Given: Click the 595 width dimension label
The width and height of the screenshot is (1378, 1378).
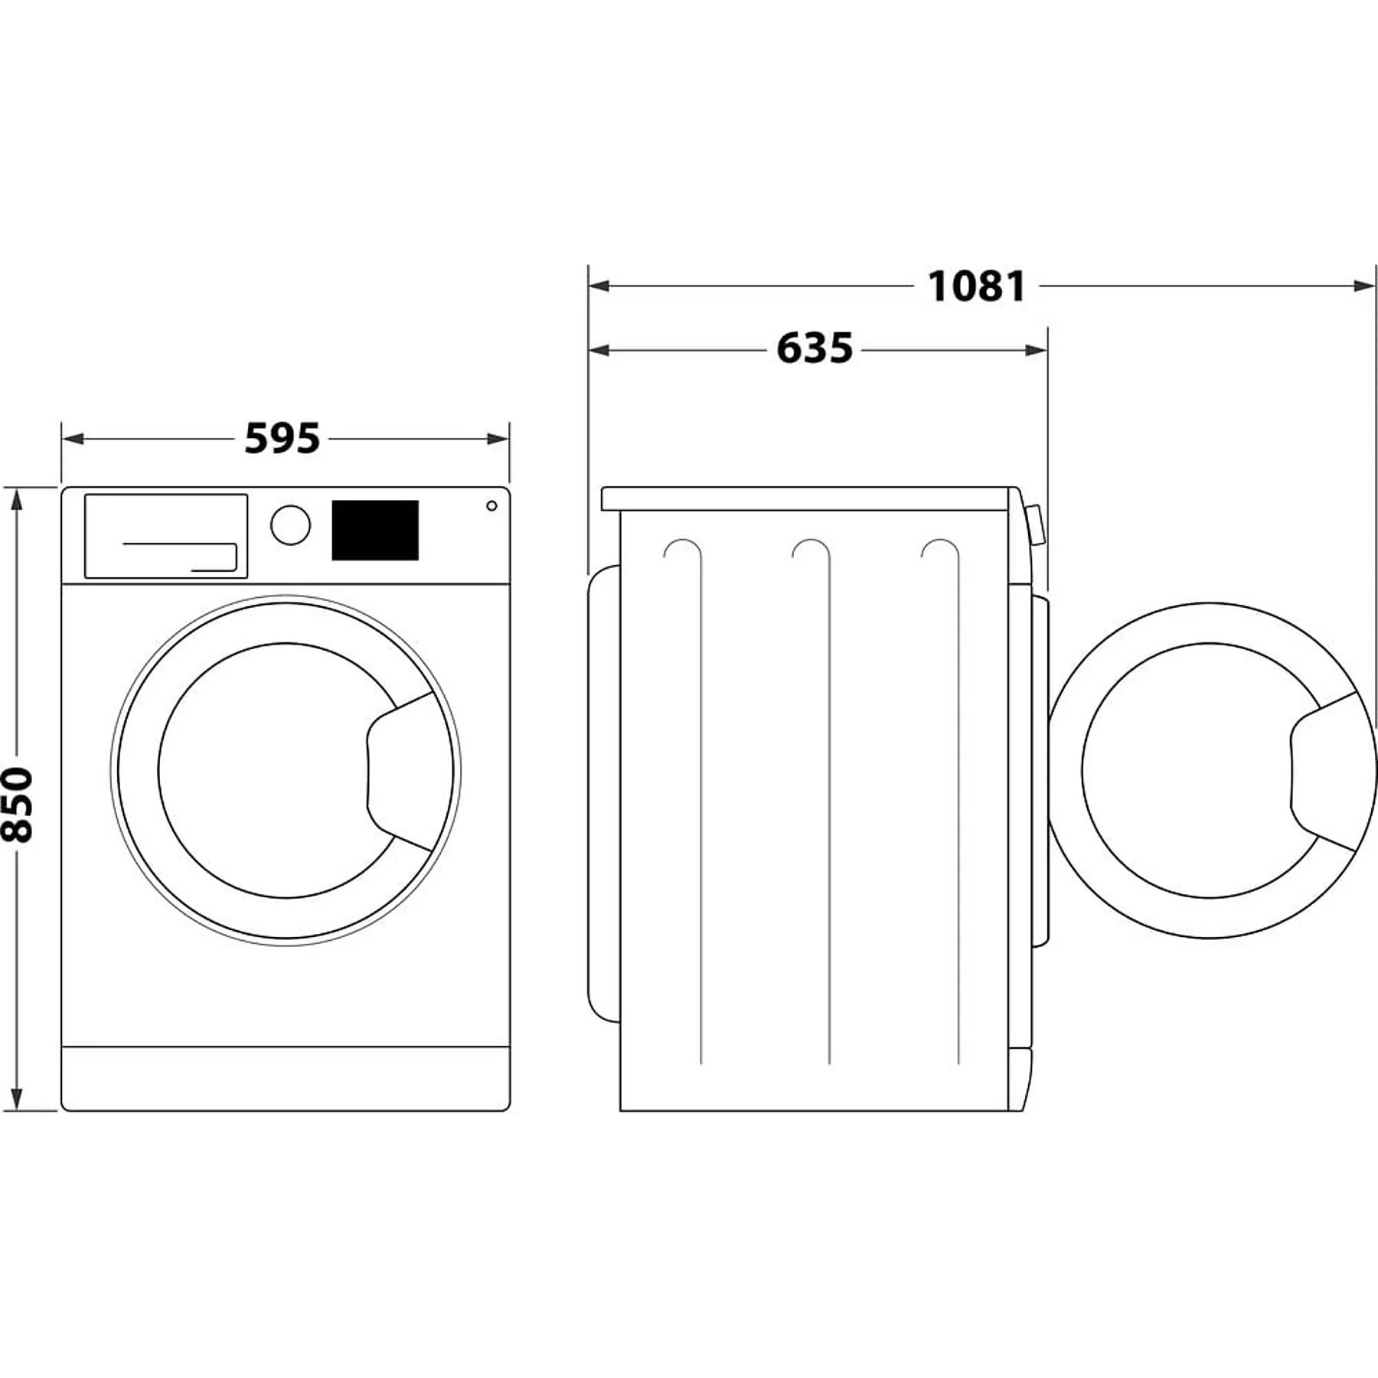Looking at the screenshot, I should click(x=282, y=439).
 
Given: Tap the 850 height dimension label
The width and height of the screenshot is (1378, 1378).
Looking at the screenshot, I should click(x=17, y=805).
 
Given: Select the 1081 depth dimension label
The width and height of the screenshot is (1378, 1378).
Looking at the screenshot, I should click(x=976, y=286).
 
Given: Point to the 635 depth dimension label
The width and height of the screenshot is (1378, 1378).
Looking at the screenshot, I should click(x=815, y=349).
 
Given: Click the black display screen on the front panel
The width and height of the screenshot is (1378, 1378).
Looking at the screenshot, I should click(x=375, y=530).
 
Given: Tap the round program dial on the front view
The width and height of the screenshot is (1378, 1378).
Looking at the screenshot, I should click(x=290, y=525).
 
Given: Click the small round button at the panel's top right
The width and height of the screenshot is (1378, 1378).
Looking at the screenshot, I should click(x=491, y=506).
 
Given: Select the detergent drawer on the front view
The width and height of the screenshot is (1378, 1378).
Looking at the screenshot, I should click(x=166, y=535).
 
